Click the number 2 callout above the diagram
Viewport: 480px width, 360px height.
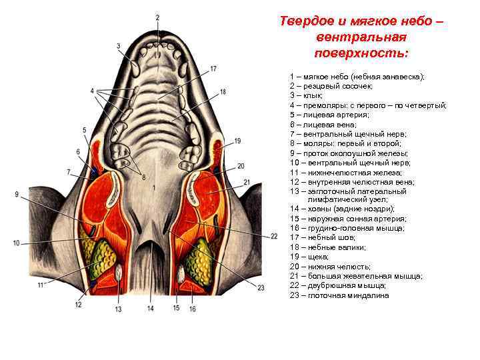157,17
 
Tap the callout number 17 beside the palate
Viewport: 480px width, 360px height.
213,69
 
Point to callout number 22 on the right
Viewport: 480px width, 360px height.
274,237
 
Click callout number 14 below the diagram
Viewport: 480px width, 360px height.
151,309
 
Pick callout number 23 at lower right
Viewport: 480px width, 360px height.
261,287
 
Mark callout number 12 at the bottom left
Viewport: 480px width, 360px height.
78,305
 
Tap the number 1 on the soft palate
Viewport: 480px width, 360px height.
154,189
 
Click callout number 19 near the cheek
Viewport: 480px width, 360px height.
237,141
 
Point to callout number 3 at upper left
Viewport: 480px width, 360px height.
118,46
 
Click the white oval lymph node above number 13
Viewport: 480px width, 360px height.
119,273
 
